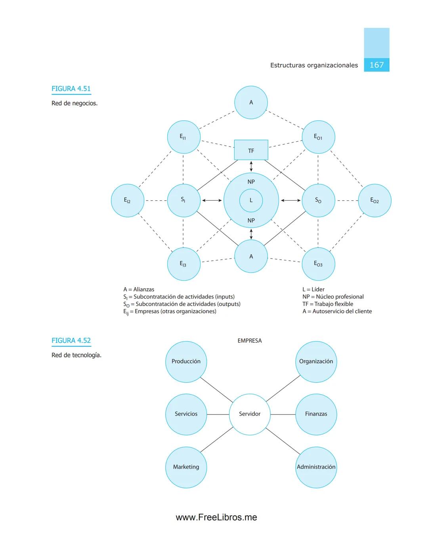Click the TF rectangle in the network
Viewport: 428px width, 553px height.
pyautogui.click(x=251, y=150)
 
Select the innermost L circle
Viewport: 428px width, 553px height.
pyautogui.click(x=251, y=200)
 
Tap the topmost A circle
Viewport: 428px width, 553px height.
pyautogui.click(x=251, y=103)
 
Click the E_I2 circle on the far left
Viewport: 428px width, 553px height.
pyautogui.click(x=127, y=200)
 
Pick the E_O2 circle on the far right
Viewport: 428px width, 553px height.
pyautogui.click(x=374, y=200)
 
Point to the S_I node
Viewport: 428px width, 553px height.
pyautogui.click(x=183, y=200)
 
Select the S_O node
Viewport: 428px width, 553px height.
pyautogui.click(x=318, y=200)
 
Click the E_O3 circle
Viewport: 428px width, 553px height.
pyautogui.click(x=318, y=264)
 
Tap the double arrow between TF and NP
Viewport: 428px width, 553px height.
pyautogui.click(x=251, y=166)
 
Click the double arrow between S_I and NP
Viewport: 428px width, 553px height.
pyautogui.click(x=212, y=200)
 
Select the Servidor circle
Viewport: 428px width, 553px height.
pyautogui.click(x=250, y=414)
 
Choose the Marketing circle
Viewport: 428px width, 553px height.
pyautogui.click(x=186, y=467)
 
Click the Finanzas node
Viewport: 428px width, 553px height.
pyautogui.click(x=316, y=414)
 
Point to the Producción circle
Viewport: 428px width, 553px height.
pyautogui.click(x=186, y=361)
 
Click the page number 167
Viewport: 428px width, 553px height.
pyautogui.click(x=376, y=65)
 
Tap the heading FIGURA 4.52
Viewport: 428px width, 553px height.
pyautogui.click(x=71, y=340)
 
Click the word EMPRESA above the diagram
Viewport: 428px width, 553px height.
pyautogui.click(x=249, y=340)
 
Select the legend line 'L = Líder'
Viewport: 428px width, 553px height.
pyautogui.click(x=313, y=289)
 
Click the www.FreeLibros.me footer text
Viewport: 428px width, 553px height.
pyautogui.click(x=216, y=517)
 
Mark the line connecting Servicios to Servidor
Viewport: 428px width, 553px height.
pyautogui.click(x=218, y=414)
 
